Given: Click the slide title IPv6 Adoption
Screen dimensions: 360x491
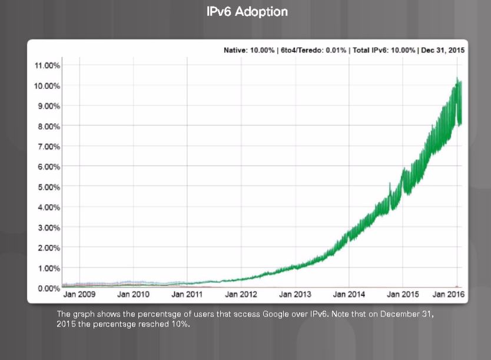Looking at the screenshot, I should pyautogui.click(x=247, y=12).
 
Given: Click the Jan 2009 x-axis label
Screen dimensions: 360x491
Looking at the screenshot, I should pyautogui.click(x=79, y=293).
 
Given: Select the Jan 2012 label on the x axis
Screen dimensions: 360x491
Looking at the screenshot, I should pyautogui.click(x=241, y=293).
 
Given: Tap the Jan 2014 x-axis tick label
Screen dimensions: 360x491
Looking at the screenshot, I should pyautogui.click(x=349, y=293).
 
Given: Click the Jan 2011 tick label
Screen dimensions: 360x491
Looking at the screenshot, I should pyautogui.click(x=187, y=293).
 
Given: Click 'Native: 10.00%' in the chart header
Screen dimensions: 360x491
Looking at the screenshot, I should pyautogui.click(x=249, y=51).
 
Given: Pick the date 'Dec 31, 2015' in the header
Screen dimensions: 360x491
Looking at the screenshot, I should pyautogui.click(x=442, y=51).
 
